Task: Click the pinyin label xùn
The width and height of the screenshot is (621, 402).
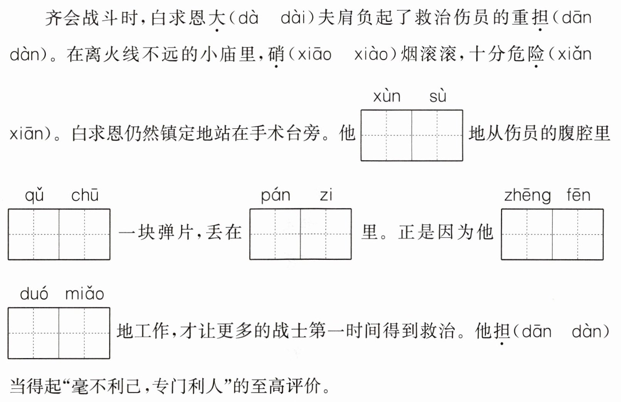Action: coord(387,96)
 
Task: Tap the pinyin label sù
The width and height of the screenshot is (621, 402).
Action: coord(438,96)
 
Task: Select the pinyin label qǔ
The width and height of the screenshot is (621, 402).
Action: coord(34,196)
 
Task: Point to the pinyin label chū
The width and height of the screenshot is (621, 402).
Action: coord(85,195)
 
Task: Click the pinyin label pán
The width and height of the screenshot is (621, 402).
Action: coord(275,196)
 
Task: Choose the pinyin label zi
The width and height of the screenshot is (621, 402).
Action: coord(326,195)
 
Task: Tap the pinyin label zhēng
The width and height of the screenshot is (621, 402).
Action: coord(527,196)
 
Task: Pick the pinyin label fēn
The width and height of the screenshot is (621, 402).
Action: coord(578,195)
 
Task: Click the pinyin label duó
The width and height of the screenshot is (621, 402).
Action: coord(34,294)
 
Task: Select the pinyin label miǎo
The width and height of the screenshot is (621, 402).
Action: coord(85,294)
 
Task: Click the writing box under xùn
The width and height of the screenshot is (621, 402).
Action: coord(386,136)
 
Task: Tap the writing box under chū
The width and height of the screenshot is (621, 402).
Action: coord(85,234)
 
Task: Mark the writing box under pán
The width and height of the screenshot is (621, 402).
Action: coord(275,234)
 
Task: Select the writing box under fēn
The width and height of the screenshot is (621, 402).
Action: coord(578,234)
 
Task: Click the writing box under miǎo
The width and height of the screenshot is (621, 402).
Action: coord(85,333)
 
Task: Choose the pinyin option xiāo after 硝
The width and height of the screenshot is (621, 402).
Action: coord(315,54)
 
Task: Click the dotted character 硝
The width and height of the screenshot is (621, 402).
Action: coord(276,54)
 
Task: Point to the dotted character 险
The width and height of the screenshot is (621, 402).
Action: coord(536,54)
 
